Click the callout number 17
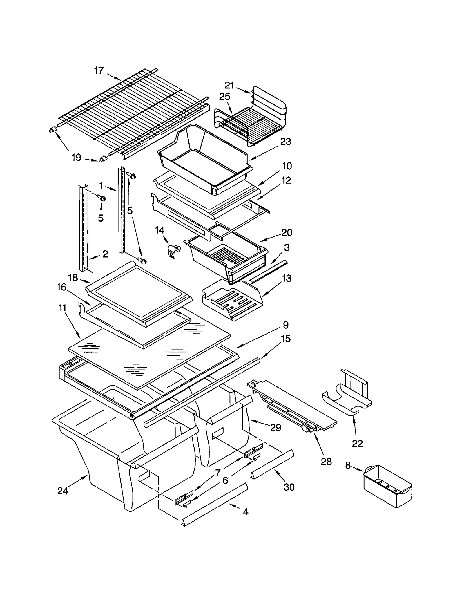pos(99,70)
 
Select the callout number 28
pos(326,462)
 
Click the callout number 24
pos(62,491)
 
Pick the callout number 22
pos(357,444)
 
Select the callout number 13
pos(286,278)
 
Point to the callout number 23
pos(285,142)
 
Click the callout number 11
pos(62,308)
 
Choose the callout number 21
pos(229,85)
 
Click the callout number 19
pos(76,158)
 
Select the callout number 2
pos(105,254)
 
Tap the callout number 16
pos(61,287)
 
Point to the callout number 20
pos(287,232)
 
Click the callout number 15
pos(286,339)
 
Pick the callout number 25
pos(224,97)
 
